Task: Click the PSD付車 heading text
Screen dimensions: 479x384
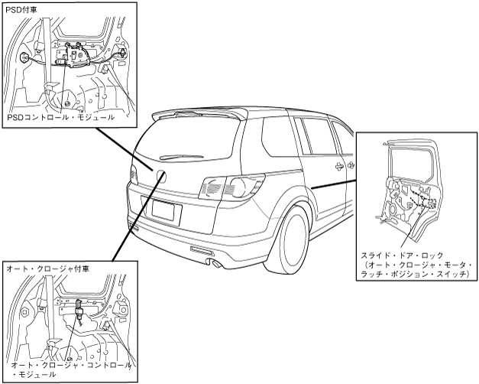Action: (21, 9)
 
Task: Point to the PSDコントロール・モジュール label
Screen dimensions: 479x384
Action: (60, 117)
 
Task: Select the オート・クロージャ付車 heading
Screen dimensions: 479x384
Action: (47, 268)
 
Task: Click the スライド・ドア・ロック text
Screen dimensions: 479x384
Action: (400, 253)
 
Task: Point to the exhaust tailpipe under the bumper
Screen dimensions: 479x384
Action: (216, 264)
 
